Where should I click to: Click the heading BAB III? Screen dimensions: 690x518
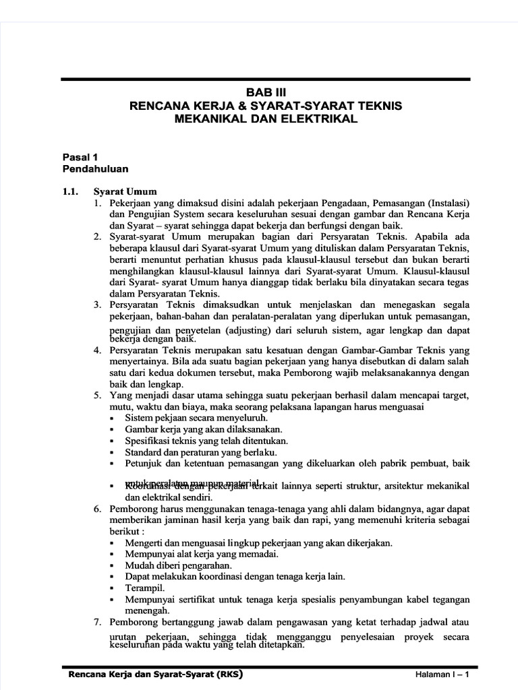(266, 93)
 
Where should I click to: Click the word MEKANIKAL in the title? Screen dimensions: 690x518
(212, 119)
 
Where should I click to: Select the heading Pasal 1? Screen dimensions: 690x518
(80, 156)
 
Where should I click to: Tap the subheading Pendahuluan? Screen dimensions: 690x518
(95, 168)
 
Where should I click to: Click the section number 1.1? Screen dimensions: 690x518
(71, 191)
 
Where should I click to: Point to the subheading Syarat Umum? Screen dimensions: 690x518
(125, 191)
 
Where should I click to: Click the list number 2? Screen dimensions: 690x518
(97, 237)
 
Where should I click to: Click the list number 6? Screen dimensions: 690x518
(97, 509)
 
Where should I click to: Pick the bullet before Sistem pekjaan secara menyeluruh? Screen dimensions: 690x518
(112, 418)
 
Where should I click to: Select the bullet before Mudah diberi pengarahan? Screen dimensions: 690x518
(112, 565)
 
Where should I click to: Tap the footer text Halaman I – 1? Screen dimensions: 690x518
(441, 675)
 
